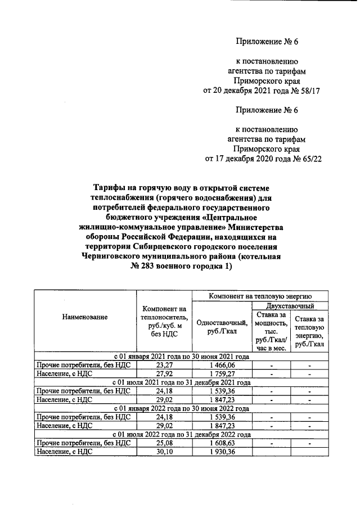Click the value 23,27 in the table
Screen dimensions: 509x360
click(x=164, y=364)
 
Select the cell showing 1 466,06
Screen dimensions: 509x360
click(x=221, y=364)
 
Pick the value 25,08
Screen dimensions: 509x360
click(x=164, y=443)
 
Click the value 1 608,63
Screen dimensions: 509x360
click(x=221, y=443)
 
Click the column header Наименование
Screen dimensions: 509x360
click(x=85, y=317)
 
